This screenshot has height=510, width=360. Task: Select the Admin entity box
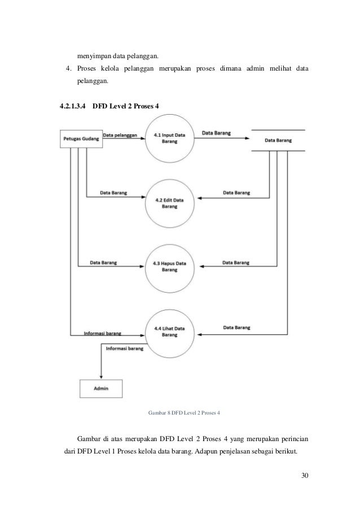(102, 389)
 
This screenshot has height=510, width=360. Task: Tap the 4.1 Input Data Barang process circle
(169, 139)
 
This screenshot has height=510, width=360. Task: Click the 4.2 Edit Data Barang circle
(169, 203)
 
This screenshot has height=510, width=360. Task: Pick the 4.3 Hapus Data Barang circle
(169, 267)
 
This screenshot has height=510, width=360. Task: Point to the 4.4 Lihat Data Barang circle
(169, 332)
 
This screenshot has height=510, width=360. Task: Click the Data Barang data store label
(278, 141)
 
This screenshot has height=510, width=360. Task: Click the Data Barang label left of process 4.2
(113, 193)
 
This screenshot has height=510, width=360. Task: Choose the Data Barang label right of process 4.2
(236, 193)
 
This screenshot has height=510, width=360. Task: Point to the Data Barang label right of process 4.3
(236, 263)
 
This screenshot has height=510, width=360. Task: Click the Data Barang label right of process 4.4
(237, 327)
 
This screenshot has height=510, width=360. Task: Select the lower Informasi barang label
(125, 349)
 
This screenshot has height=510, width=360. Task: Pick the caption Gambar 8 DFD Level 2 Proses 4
(183, 413)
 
